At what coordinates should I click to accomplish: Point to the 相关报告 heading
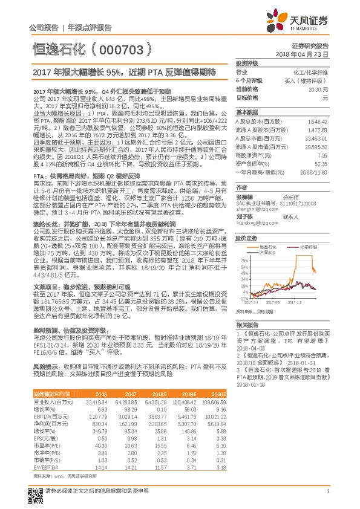point(247,325)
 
